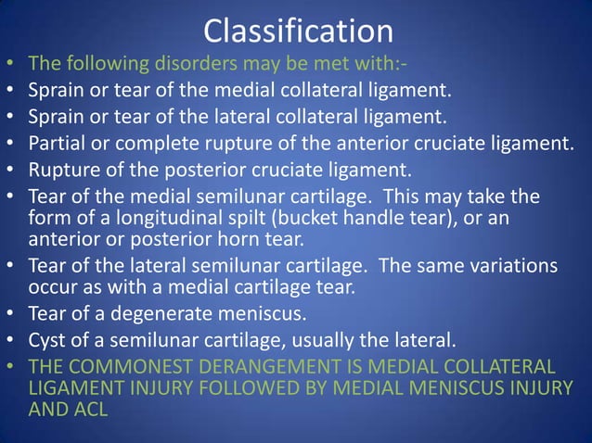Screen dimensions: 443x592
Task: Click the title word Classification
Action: [x=298, y=32]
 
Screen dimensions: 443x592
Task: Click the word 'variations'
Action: [x=509, y=266]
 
